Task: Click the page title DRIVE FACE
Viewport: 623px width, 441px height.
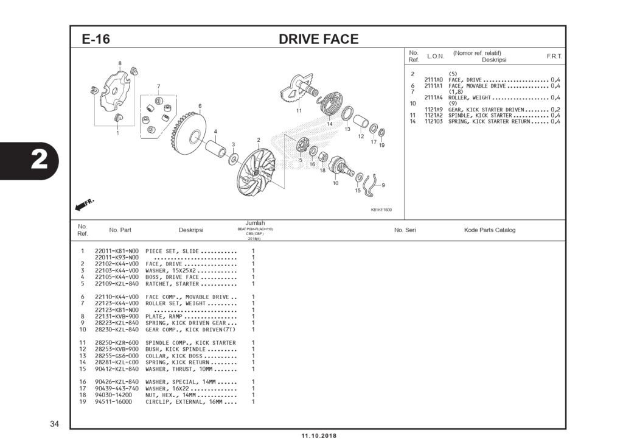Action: click(x=318, y=40)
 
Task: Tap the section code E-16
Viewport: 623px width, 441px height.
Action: click(x=96, y=40)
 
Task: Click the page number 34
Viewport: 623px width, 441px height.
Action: click(x=54, y=423)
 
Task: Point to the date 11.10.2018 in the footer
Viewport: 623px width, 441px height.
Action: click(x=318, y=436)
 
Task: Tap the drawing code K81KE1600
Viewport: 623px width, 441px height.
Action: click(x=381, y=210)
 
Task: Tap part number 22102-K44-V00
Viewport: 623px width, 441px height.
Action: click(x=117, y=264)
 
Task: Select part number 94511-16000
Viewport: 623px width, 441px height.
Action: click(x=113, y=401)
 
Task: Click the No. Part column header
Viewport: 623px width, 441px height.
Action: click(x=120, y=230)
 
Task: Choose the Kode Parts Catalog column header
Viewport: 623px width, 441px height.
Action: click(x=489, y=230)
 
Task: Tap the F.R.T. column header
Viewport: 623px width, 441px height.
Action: click(x=554, y=56)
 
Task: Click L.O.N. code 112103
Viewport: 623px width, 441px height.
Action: click(x=433, y=121)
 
